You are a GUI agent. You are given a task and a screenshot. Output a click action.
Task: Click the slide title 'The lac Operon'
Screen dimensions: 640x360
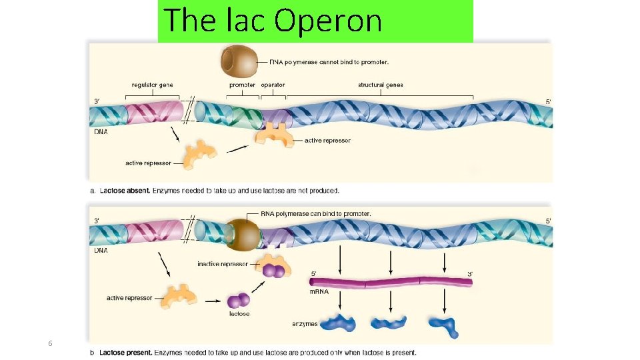(x=273, y=20)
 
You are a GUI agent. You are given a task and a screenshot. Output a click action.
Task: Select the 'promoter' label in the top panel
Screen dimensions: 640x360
(x=242, y=85)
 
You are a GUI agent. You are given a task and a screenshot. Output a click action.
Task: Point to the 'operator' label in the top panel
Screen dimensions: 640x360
(x=273, y=85)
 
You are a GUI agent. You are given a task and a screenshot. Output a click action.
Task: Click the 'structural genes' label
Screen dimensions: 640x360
(x=380, y=85)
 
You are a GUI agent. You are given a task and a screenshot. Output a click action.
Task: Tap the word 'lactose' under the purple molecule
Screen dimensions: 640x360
(x=239, y=314)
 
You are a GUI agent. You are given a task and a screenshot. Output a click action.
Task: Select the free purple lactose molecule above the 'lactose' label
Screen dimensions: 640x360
(x=239, y=301)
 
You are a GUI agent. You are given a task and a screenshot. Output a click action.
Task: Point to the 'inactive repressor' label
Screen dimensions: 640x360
(x=223, y=265)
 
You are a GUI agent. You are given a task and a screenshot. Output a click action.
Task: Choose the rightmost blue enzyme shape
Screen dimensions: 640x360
(x=443, y=325)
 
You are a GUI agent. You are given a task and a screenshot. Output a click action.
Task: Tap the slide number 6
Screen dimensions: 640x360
(x=50, y=343)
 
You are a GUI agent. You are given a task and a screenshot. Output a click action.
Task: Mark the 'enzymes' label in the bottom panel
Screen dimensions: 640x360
(x=305, y=325)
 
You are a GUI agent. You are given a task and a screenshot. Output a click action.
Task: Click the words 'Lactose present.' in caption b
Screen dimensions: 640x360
(x=127, y=353)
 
